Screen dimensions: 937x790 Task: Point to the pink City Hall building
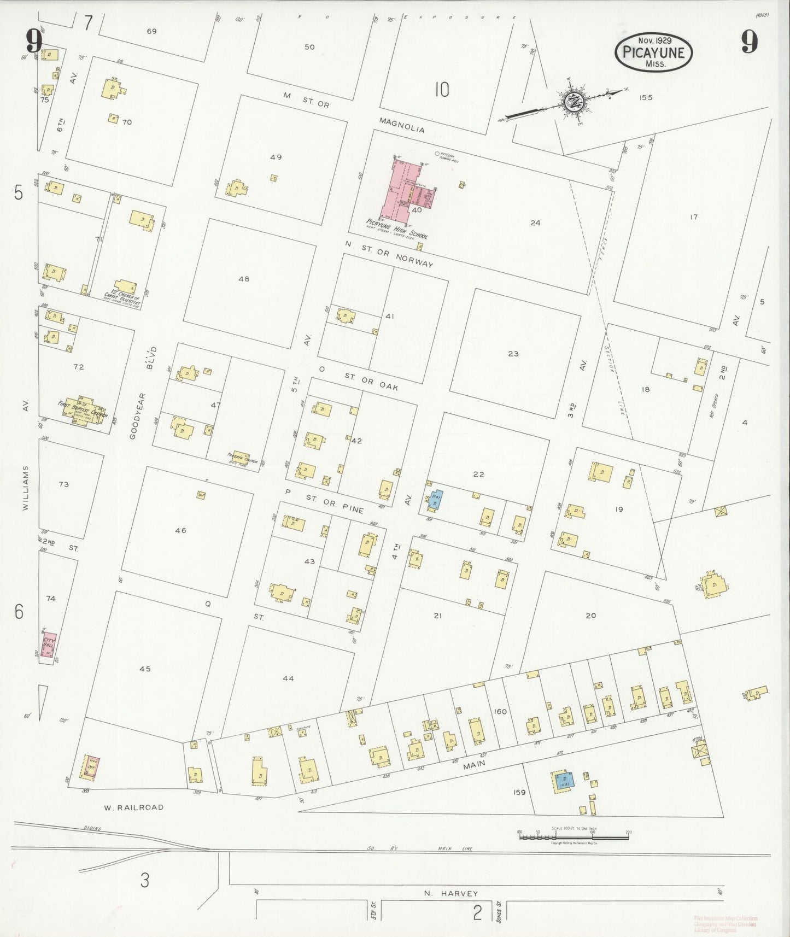(x=50, y=643)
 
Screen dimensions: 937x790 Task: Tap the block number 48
(x=244, y=279)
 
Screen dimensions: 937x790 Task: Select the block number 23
(x=513, y=354)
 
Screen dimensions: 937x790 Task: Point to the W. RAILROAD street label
(x=133, y=807)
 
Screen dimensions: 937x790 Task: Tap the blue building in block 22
(x=437, y=499)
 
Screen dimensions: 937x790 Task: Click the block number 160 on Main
(x=500, y=711)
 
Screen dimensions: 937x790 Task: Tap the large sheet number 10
(x=442, y=89)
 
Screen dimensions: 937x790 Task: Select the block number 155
(x=646, y=97)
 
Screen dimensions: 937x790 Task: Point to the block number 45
(x=145, y=669)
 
